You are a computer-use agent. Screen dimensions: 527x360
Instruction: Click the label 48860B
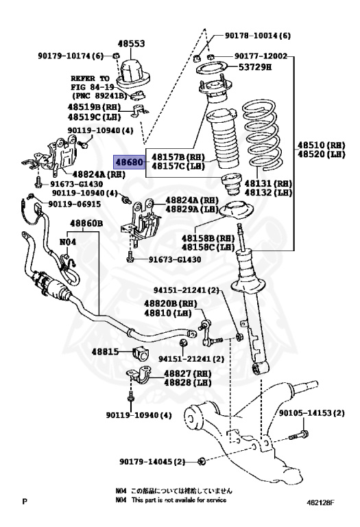[x=86, y=224]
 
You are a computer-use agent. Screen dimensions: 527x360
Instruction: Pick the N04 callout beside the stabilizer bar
[x=68, y=242]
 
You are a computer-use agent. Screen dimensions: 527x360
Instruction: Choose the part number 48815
[x=106, y=352]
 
